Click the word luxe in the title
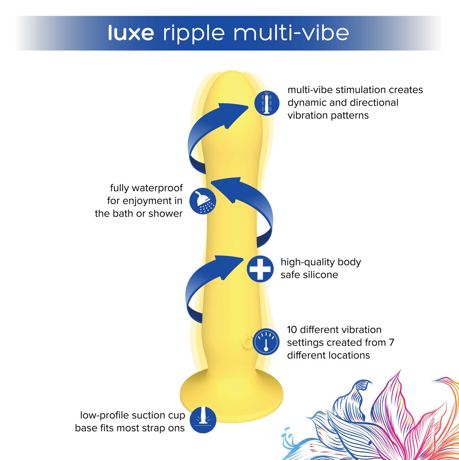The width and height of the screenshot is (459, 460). pos(131,33)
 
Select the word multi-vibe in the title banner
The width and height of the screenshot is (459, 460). pos(291,33)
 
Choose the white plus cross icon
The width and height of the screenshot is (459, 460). pos(260,268)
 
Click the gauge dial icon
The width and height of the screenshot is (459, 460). pos(265,341)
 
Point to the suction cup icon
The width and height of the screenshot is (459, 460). pos(203,420)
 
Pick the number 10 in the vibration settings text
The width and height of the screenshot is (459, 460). pos(292,330)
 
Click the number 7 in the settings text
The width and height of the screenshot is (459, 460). pos(391,342)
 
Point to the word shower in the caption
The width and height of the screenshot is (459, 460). pos(165,214)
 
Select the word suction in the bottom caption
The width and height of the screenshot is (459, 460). pos(146,415)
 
